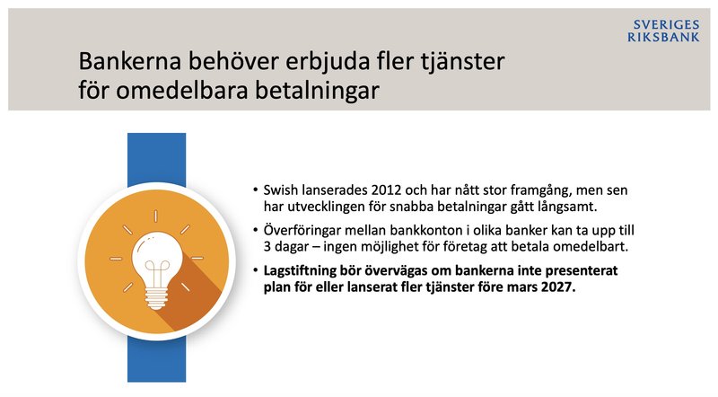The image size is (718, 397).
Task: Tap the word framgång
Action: tap(519, 191)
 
